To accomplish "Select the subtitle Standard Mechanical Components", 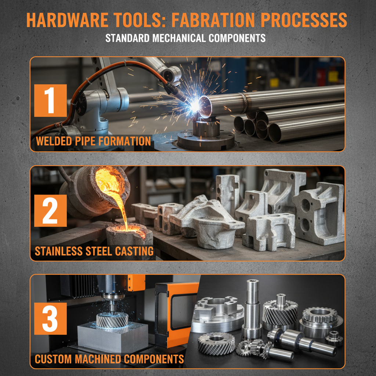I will [185, 38].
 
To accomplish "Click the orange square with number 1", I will [50, 100].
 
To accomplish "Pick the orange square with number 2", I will [50, 210].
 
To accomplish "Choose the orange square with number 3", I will [50, 318].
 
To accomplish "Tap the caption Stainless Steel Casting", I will [94, 251].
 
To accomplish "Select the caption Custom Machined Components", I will [109, 359].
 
